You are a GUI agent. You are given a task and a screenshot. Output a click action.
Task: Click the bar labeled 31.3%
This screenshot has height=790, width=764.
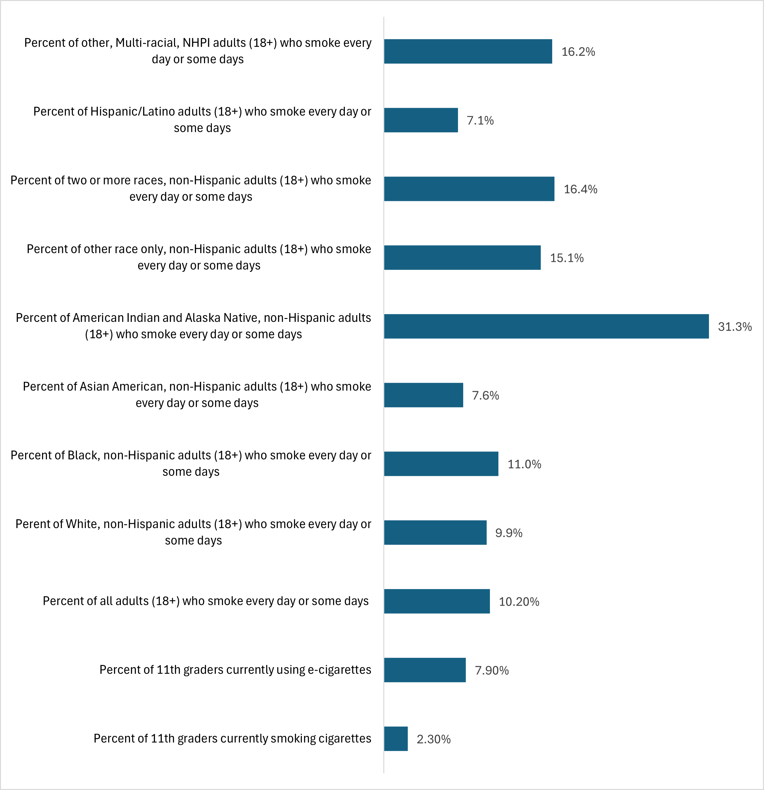tap(546, 326)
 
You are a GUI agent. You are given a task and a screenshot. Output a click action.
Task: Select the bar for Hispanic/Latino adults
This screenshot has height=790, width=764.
tap(420, 120)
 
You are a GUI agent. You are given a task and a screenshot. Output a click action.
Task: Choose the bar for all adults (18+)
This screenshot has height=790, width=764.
tap(437, 601)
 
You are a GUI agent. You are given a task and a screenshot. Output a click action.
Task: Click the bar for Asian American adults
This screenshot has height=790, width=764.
tap(423, 395)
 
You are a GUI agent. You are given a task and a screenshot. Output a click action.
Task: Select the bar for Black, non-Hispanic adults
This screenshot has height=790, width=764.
tap(441, 464)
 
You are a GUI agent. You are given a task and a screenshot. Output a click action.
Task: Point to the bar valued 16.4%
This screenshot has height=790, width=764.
tap(469, 189)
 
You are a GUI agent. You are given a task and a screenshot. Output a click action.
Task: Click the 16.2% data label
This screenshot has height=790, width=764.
tap(578, 51)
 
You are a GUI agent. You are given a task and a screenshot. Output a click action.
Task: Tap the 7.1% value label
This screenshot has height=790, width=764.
tap(480, 120)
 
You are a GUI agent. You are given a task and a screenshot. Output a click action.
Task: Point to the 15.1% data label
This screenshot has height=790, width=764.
tap(566, 258)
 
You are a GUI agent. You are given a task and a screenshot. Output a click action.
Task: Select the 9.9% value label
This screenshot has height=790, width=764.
tap(508, 533)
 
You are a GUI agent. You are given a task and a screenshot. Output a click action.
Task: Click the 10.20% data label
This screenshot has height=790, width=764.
tap(519, 601)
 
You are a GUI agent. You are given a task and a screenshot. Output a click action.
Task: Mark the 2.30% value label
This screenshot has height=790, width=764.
tap(433, 739)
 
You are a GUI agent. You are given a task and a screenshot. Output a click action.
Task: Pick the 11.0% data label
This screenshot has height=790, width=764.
tap(524, 464)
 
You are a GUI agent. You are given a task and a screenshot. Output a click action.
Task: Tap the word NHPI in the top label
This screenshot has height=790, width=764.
tap(196, 43)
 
